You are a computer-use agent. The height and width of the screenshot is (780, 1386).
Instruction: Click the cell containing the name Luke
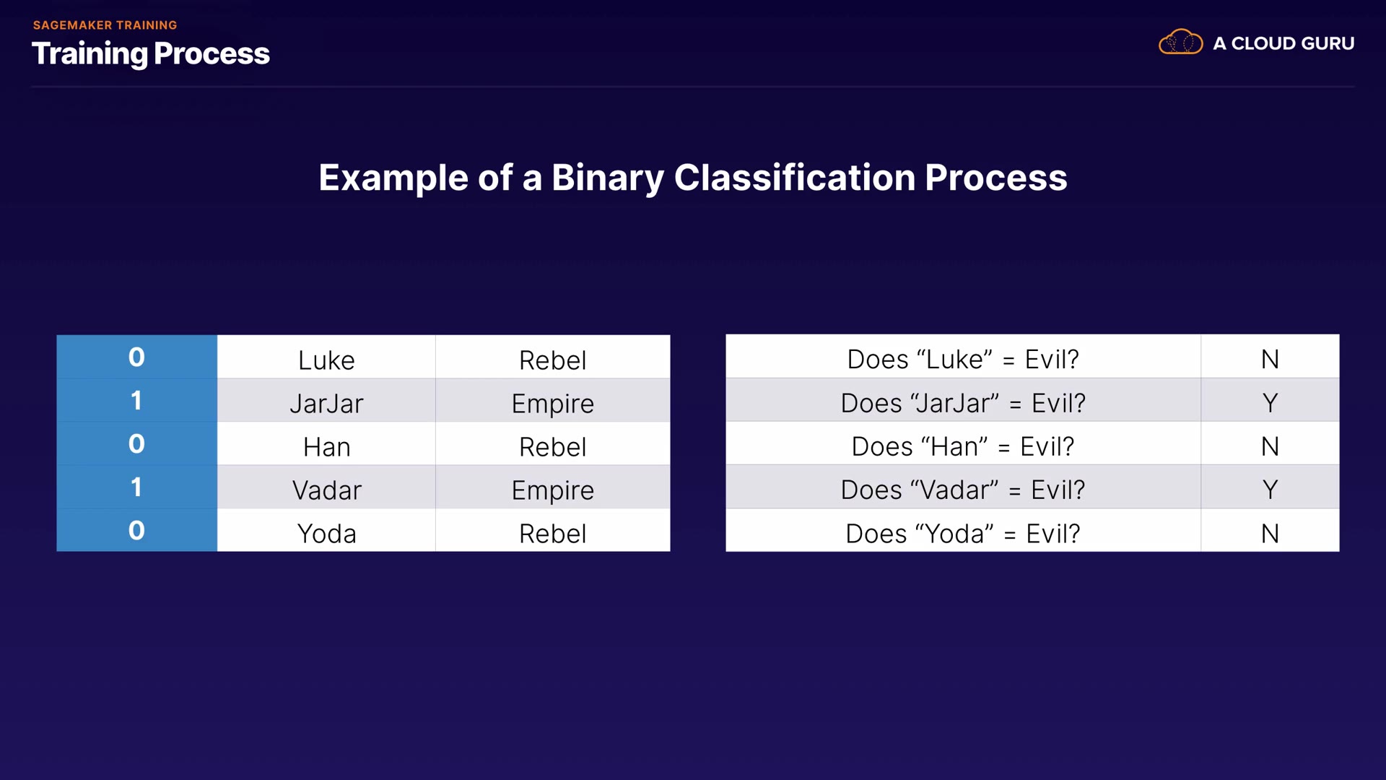pos(326,357)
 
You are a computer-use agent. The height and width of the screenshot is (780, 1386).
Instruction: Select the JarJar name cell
pos(326,400)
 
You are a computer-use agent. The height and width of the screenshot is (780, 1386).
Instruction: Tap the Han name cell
pos(326,443)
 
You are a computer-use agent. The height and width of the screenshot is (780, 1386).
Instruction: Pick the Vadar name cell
pos(326,487)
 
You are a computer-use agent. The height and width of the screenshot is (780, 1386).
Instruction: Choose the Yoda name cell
pos(326,530)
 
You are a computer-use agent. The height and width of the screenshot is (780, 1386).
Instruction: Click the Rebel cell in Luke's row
pos(553,357)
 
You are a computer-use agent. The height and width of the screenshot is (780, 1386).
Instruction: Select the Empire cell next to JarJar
pos(553,400)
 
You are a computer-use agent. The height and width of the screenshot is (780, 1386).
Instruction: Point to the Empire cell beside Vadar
pos(553,487)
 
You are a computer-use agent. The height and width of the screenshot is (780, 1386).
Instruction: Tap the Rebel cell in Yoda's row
pos(553,530)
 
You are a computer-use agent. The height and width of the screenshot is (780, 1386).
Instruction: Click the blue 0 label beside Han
pos(136,443)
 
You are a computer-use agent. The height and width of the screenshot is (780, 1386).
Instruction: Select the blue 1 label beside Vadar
pos(136,487)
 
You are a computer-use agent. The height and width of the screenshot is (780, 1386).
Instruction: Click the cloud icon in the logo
pos(1181,43)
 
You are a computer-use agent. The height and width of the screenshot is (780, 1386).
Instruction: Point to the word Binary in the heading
pos(607,178)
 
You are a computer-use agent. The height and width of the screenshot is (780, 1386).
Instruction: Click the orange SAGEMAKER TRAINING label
pos(105,25)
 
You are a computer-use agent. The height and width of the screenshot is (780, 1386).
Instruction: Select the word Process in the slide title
pos(212,53)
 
